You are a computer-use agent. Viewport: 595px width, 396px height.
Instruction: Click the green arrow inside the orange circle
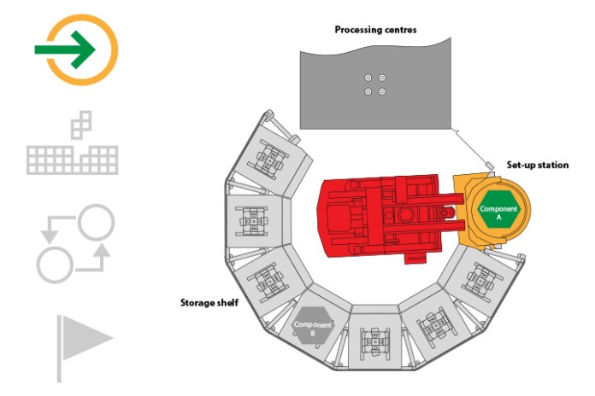(x=64, y=49)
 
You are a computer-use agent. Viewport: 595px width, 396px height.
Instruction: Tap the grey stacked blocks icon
(x=72, y=143)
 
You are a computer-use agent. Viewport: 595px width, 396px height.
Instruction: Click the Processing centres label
(x=375, y=30)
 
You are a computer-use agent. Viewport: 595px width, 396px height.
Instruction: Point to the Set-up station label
(x=538, y=165)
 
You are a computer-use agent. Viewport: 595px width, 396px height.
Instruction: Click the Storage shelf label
(x=209, y=303)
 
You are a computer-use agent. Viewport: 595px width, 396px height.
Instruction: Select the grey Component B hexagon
(x=313, y=326)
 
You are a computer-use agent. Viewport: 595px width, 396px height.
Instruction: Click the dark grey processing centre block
(x=375, y=85)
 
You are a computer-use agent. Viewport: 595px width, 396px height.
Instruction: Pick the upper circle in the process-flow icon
(x=96, y=223)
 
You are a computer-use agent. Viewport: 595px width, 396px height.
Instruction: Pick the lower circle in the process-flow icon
(x=55, y=265)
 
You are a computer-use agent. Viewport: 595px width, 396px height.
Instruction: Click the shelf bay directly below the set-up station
(x=481, y=279)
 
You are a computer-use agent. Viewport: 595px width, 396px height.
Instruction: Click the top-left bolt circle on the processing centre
(x=368, y=78)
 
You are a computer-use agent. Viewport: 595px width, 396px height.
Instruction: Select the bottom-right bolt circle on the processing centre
(x=382, y=91)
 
